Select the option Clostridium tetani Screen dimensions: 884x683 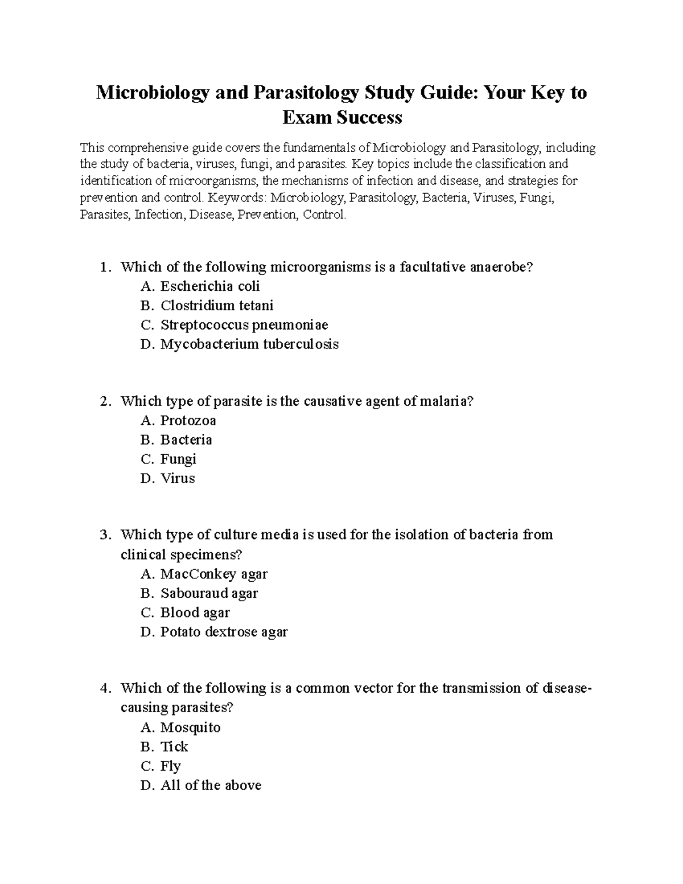[216, 306]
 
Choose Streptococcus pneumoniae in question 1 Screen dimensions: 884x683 [244, 325]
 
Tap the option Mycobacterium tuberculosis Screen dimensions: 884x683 [249, 344]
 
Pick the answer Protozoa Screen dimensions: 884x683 [188, 421]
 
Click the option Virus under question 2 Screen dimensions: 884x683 [177, 478]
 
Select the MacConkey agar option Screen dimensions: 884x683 [213, 574]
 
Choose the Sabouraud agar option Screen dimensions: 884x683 [209, 593]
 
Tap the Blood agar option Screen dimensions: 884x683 [195, 612]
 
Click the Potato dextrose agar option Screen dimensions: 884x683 [224, 632]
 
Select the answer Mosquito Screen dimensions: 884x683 [190, 727]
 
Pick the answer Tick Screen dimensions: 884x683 [174, 747]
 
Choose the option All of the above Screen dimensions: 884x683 [211, 786]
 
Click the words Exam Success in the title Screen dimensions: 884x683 [342, 117]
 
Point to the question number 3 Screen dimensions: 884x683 [104, 535]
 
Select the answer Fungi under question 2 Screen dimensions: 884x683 [178, 459]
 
